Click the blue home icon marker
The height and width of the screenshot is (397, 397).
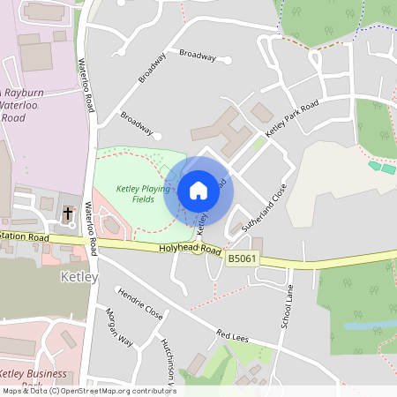198,190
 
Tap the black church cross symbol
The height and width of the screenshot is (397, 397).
68,213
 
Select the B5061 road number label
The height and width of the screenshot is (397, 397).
243,258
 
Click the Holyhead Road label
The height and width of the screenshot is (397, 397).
189,250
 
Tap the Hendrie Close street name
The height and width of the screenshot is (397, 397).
140,303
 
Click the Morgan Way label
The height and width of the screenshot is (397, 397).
119,328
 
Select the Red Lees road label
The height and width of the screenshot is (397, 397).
235,336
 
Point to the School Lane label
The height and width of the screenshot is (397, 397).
286,306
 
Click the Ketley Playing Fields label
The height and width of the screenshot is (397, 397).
143,194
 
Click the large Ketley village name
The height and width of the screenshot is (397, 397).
74,277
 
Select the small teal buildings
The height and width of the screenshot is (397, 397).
382,167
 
